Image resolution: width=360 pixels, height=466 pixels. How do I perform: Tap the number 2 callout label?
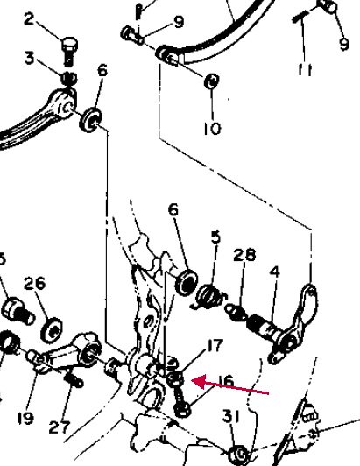click(x=29, y=19)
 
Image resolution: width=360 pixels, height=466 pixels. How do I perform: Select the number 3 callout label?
click(x=30, y=58)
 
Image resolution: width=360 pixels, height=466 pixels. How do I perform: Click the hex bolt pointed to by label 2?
click(x=69, y=51)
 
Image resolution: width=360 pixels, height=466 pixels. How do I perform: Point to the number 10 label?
click(x=213, y=129)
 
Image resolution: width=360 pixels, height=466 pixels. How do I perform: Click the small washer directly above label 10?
click(x=212, y=81)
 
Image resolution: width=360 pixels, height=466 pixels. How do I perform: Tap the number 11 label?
click(x=306, y=70)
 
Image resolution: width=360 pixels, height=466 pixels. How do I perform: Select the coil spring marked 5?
click(x=209, y=296)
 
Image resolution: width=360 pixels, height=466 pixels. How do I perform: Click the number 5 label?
click(x=216, y=237)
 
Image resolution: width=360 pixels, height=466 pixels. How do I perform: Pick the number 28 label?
click(x=244, y=255)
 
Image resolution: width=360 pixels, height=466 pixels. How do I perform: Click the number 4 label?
click(x=275, y=272)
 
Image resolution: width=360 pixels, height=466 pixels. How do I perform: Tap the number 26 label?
click(x=35, y=283)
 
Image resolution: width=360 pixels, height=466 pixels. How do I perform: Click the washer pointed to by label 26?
click(x=51, y=330)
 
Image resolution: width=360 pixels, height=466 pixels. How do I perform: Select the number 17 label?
click(x=215, y=345)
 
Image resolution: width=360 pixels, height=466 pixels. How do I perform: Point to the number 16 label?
click(x=227, y=382)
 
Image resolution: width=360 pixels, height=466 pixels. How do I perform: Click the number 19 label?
click(x=25, y=419)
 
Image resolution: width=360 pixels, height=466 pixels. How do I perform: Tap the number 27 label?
click(x=60, y=427)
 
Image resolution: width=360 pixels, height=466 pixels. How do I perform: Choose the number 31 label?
click(x=231, y=417)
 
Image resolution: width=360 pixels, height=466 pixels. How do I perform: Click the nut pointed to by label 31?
click(x=240, y=454)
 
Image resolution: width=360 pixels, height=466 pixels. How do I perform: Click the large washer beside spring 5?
click(x=187, y=282)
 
